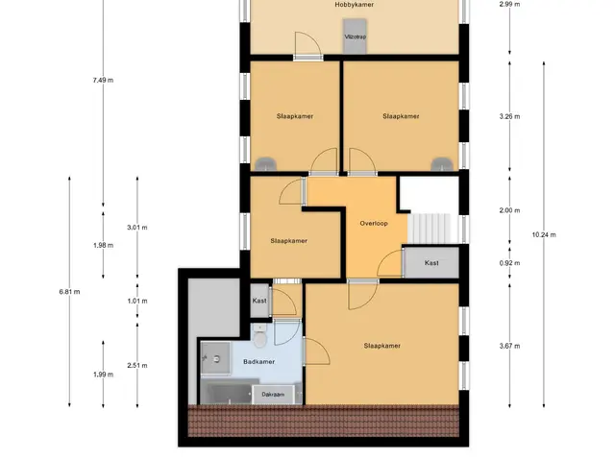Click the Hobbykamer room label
click(x=354, y=5)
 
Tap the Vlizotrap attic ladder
click(x=356, y=36)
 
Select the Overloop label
click(x=374, y=224)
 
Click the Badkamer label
click(x=258, y=362)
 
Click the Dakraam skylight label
click(x=273, y=395)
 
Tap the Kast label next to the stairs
click(x=431, y=263)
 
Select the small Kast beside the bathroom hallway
click(x=259, y=301)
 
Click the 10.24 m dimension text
click(x=544, y=234)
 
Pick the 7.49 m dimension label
click(x=103, y=81)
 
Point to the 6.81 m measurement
click(x=69, y=292)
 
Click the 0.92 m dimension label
click(x=509, y=263)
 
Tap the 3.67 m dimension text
click(x=509, y=346)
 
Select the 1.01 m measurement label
click(x=137, y=301)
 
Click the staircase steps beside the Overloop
click(x=430, y=229)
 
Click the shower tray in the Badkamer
click(x=215, y=358)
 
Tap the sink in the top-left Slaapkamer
click(x=265, y=164)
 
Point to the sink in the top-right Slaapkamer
click(x=442, y=164)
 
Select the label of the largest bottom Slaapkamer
click(x=382, y=346)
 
